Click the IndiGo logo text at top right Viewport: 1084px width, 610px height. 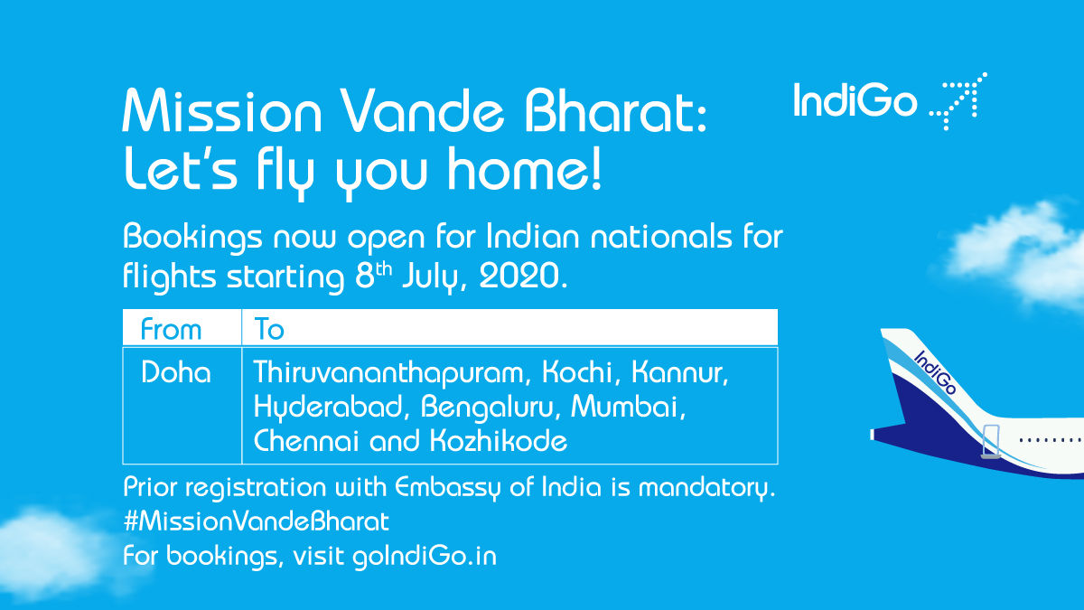855,100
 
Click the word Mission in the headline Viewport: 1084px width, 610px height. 222,115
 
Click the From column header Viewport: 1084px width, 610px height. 171,329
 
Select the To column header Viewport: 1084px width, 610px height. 269,329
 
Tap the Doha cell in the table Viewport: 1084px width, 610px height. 176,372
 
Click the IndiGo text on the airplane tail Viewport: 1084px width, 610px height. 936,371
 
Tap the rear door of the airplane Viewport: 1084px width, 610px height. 991,440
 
